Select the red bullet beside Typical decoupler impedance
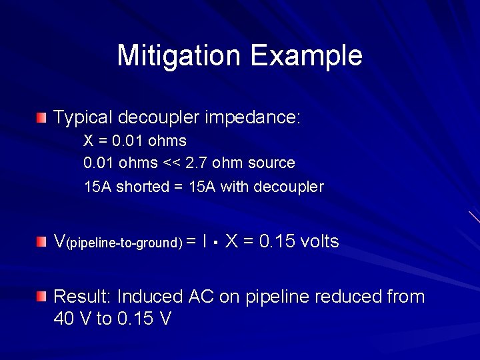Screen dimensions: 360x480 [x=42, y=119]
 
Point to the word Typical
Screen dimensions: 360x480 [x=82, y=119]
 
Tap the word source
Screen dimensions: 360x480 [x=272, y=163]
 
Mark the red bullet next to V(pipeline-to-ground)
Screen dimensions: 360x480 [x=42, y=241]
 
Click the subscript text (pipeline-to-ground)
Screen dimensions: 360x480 [x=123, y=244]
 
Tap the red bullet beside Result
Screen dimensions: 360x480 [x=42, y=296]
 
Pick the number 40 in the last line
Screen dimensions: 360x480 [x=65, y=319]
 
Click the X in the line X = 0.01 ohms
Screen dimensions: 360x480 [x=88, y=141]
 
